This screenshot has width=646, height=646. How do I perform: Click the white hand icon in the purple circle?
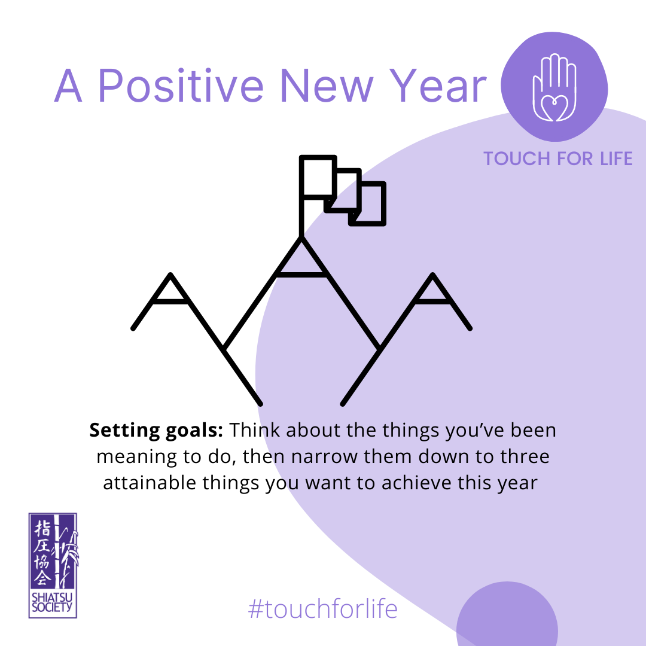[554, 87]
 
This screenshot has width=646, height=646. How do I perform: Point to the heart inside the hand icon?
[554, 108]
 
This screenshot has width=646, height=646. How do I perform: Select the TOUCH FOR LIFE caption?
[558, 159]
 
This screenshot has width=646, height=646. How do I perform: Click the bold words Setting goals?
[156, 430]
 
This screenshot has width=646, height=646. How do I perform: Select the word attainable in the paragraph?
[149, 483]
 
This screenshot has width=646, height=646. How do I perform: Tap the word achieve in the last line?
[416, 483]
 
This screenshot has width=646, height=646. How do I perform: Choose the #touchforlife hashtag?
[322, 610]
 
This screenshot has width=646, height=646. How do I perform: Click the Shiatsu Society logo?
[53, 565]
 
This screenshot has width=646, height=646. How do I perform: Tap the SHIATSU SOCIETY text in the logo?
[52, 602]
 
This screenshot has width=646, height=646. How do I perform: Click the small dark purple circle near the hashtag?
[507, 614]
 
